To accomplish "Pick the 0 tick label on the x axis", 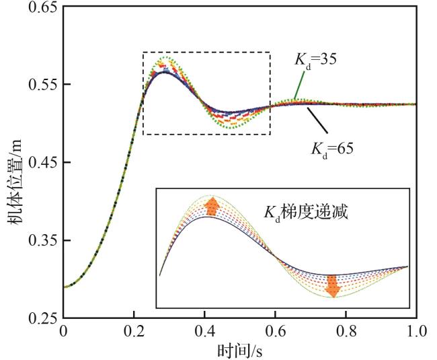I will coord(63,331).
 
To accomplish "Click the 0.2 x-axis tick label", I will coord(134,331).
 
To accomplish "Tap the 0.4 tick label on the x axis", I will coord(204,331).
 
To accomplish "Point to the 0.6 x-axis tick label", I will coord(275,331).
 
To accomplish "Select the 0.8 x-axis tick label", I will coord(346,331).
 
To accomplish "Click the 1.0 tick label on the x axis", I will coord(415,331).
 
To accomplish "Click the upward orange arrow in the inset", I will coord(212,206).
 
